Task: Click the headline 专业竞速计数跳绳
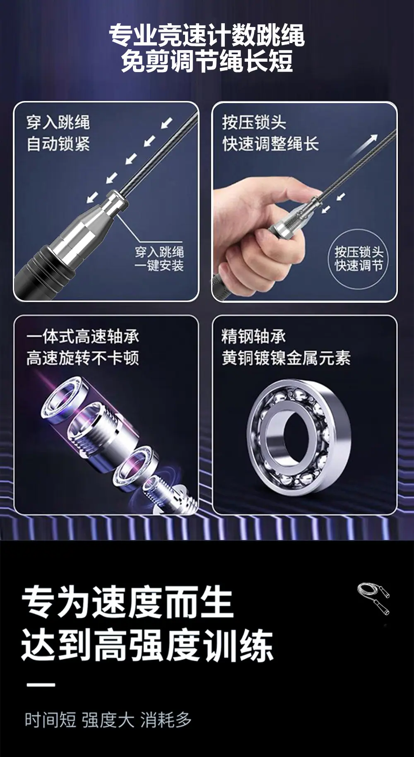(x=207, y=35)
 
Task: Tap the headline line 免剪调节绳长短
(x=207, y=61)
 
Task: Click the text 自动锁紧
(x=58, y=144)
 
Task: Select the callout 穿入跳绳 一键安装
(x=159, y=259)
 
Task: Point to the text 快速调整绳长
(x=270, y=144)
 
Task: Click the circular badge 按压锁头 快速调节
(x=359, y=259)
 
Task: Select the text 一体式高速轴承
(x=83, y=336)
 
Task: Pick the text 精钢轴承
(x=253, y=336)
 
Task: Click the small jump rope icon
(x=373, y=598)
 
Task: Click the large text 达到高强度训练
(x=147, y=645)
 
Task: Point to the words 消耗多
(x=166, y=720)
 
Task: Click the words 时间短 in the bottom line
(x=51, y=720)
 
